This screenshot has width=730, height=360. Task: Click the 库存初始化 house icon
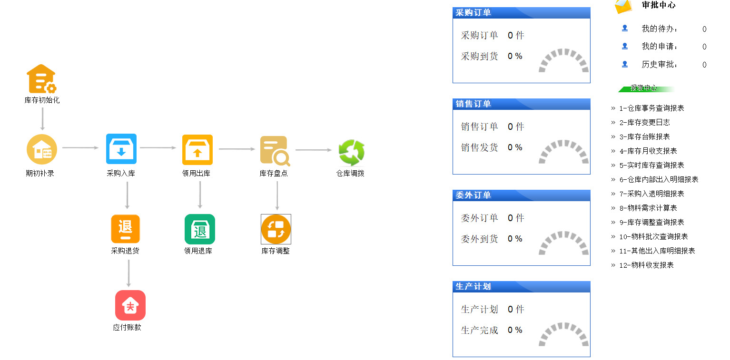pos(42,79)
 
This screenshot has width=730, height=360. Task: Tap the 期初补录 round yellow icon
pos(42,149)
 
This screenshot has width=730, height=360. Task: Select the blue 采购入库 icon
pos(121,148)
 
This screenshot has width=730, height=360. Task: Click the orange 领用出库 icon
pos(197,149)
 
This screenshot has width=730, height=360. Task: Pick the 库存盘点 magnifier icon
pos(275,151)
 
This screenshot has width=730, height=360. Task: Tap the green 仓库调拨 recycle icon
pos(351,152)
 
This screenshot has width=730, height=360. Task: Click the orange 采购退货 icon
pos(126,229)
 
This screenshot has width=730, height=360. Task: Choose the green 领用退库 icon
pos(200,229)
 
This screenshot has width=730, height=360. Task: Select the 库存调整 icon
pos(276,229)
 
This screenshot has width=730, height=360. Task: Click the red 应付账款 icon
pos(130,305)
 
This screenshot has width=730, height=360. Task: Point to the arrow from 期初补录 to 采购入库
pos(80,147)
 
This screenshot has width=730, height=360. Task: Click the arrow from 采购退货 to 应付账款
pos(129,273)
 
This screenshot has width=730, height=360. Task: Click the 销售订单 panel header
pos(522,104)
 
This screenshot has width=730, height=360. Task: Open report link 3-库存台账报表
pos(645,137)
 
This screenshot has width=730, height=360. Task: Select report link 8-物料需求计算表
pos(648,208)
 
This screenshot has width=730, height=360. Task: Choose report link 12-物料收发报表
pos(647,265)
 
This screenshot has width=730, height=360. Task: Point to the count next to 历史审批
pos(704,65)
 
